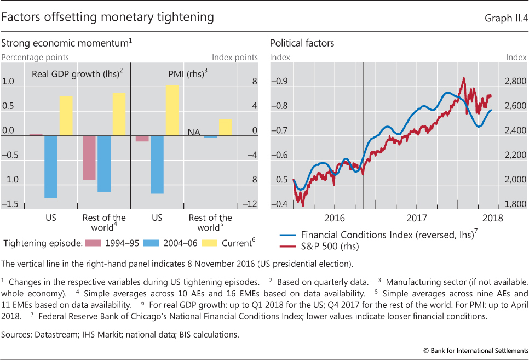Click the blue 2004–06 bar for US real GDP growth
point(51,167)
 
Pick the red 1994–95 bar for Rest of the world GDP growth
point(89,158)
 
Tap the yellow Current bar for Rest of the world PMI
point(225,127)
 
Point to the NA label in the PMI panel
point(194,132)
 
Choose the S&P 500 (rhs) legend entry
point(330,246)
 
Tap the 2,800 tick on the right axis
point(514,82)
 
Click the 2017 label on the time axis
point(417,218)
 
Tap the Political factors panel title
point(302,43)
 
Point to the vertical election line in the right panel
point(364,137)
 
